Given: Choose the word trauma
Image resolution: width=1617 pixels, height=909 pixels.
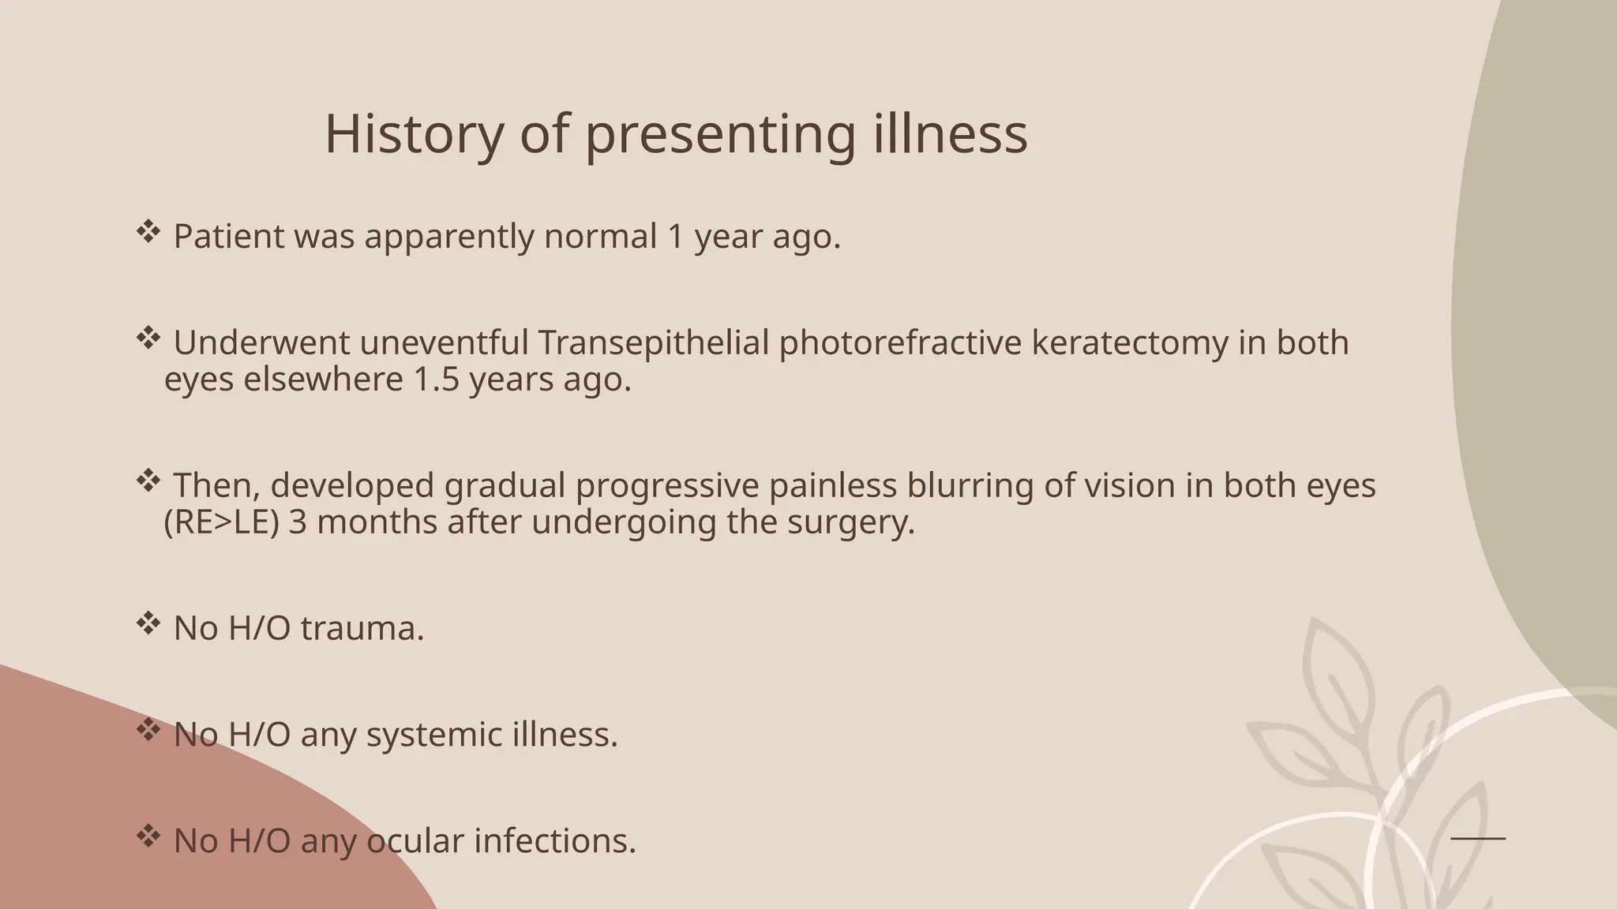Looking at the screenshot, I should (x=362, y=629).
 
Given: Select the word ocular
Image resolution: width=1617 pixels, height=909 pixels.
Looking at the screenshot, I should (x=415, y=841).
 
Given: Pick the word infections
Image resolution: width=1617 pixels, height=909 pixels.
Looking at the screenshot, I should (x=554, y=841).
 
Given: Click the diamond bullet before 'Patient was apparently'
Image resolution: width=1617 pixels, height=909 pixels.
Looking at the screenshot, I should (x=148, y=232).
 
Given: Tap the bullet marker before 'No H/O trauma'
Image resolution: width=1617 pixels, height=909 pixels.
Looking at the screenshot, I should (x=148, y=624).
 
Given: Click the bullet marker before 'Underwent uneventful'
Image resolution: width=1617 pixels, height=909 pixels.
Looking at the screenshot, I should (x=148, y=339).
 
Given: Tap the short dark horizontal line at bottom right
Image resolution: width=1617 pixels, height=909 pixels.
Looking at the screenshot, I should (x=1478, y=838).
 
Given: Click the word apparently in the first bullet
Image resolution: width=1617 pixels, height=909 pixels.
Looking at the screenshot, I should (x=448, y=237).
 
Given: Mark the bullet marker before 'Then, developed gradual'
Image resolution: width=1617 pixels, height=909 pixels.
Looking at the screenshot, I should (x=148, y=481).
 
